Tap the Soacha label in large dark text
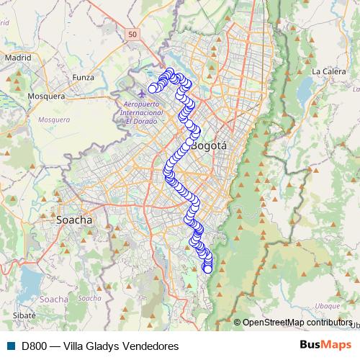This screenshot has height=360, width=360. [74, 220]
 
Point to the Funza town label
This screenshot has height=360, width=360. [84, 76]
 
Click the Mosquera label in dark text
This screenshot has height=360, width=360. [46, 96]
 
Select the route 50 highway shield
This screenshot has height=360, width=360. [132, 33]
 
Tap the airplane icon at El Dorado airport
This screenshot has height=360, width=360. [140, 94]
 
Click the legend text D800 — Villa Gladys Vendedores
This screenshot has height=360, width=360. [100, 346]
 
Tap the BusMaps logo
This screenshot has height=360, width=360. [325, 346]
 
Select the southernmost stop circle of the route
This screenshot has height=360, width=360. [209, 269]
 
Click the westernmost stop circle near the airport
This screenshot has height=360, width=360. [153, 89]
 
